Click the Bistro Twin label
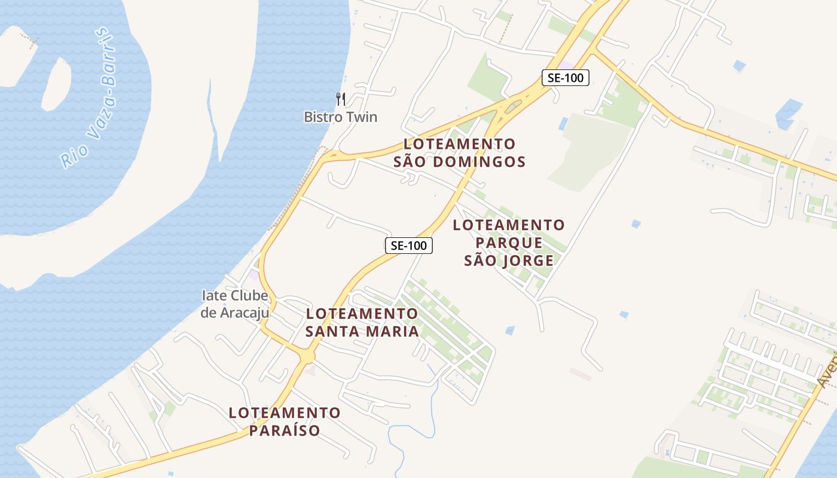tap(341, 117)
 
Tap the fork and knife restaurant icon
tap(341, 99)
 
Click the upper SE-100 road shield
tap(566, 77)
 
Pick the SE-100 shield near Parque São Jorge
tap(408, 245)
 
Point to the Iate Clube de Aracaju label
tap(234, 304)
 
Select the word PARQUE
tap(509, 243)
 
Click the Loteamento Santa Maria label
tap(362, 322)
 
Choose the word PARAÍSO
tap(285, 430)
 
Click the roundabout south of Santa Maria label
tap(307, 356)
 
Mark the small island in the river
tap(57, 84)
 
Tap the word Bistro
tap(322, 117)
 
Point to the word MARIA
tap(392, 331)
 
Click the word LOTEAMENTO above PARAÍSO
tap(285, 412)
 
